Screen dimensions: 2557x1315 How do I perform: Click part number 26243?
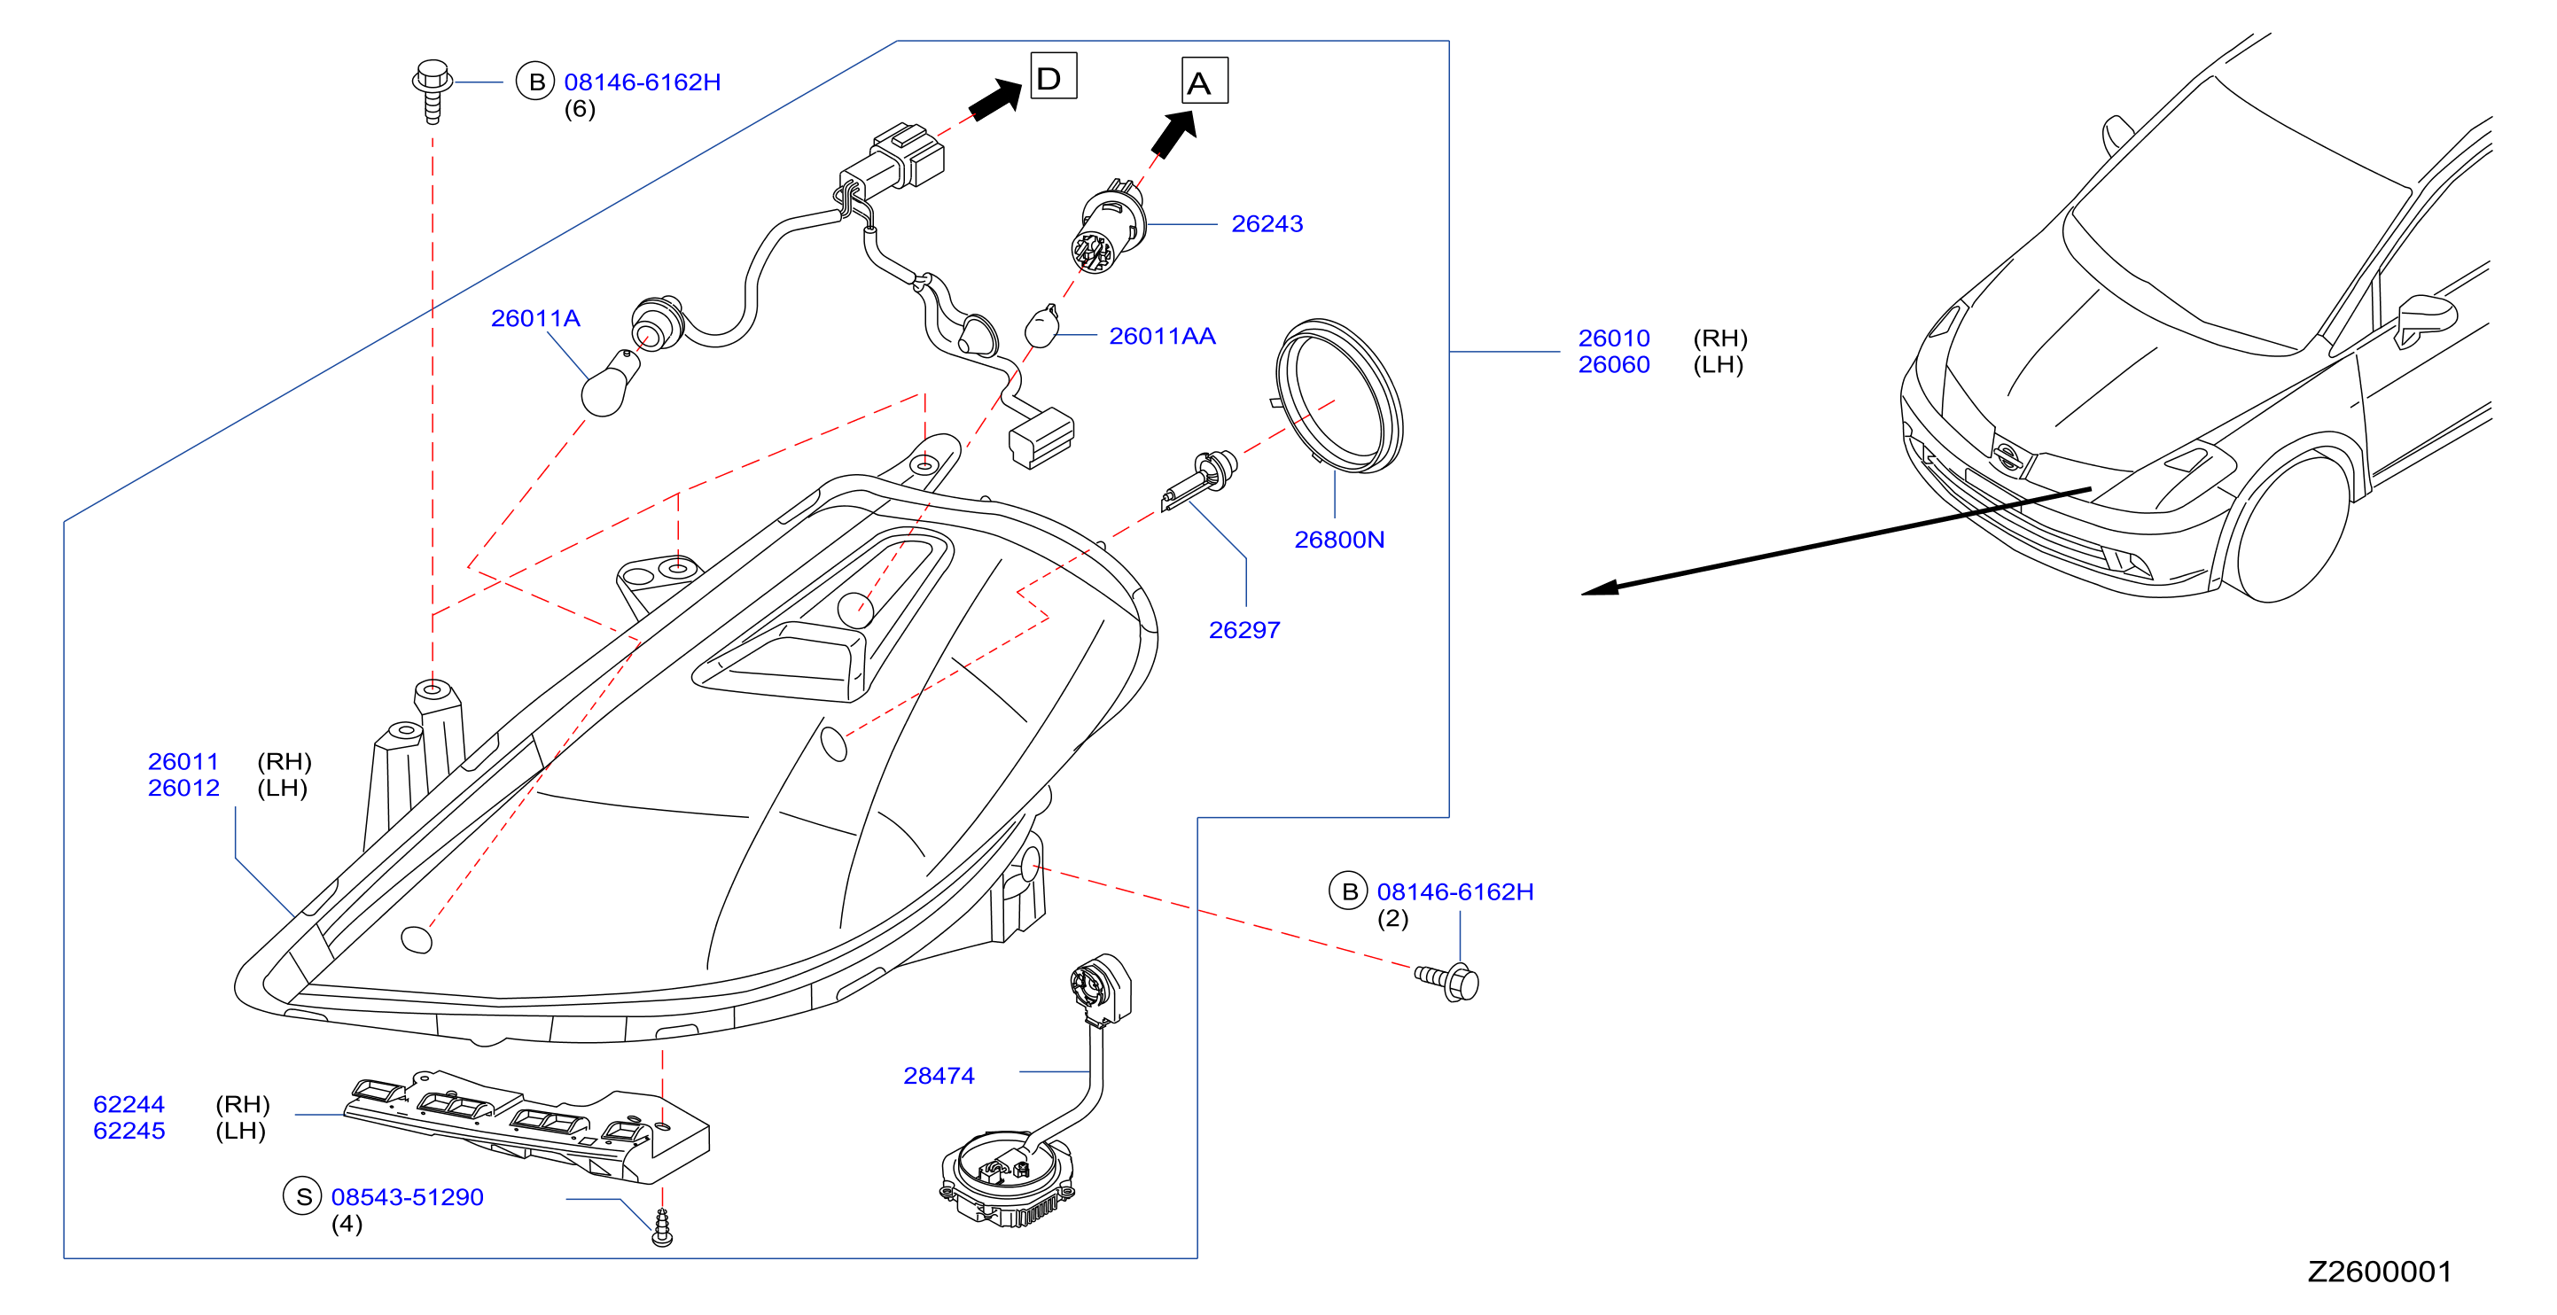point(1267,224)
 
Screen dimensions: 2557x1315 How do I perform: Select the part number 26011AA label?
point(1161,337)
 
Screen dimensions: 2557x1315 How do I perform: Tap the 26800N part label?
point(1339,540)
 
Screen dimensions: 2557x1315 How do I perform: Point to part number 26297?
point(1243,630)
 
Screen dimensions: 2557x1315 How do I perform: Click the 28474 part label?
point(938,1076)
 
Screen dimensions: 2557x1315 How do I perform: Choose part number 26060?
point(1614,365)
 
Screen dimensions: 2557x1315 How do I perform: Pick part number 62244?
point(129,1105)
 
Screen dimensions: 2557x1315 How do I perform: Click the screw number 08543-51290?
point(407,1198)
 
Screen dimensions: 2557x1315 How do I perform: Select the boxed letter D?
point(1053,76)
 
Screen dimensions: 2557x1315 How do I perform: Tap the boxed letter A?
point(1204,81)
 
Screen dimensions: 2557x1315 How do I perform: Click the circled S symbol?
point(304,1197)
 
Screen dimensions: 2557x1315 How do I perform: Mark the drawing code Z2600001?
point(2380,1272)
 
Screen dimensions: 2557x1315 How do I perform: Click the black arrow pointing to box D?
point(995,100)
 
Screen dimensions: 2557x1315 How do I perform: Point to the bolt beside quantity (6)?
point(433,90)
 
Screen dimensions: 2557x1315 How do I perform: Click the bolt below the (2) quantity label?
point(1447,981)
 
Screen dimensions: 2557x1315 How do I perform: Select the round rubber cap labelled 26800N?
point(1339,396)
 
